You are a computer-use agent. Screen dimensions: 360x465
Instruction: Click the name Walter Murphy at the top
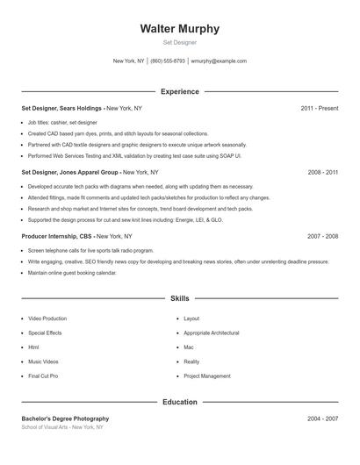click(179, 29)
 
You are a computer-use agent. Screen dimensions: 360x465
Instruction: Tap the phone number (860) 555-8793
click(168, 61)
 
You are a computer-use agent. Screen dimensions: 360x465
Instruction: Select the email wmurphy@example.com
click(219, 61)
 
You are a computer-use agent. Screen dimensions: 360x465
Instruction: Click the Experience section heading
click(179, 91)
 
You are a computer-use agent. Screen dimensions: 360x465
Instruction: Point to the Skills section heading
click(179, 299)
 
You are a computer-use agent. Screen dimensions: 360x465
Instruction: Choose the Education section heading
click(179, 402)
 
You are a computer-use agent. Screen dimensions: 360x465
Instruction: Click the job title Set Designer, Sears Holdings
click(62, 108)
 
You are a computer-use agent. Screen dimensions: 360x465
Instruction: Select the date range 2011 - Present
click(319, 108)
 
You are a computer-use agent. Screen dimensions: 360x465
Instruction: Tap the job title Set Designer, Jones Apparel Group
click(71, 173)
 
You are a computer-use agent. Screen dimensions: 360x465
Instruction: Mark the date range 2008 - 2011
click(322, 173)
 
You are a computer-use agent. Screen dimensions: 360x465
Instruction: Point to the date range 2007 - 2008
click(322, 237)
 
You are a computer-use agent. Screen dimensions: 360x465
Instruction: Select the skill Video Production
click(47, 318)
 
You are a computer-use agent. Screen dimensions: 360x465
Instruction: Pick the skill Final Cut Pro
click(43, 376)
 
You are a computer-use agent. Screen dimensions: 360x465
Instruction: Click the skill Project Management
click(207, 376)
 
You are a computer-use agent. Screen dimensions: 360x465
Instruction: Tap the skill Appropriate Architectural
click(212, 333)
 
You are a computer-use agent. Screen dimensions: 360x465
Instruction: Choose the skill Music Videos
click(43, 361)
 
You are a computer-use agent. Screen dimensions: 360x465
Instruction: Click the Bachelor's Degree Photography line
click(65, 419)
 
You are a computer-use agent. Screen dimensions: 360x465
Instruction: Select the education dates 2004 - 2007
click(322, 419)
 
